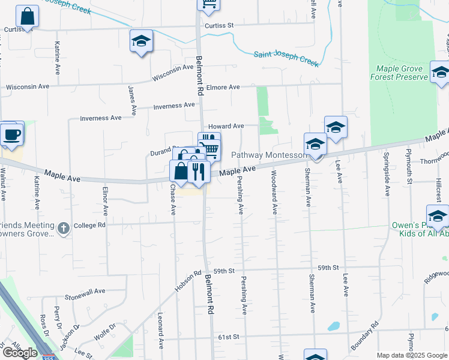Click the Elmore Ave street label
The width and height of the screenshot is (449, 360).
(223, 87)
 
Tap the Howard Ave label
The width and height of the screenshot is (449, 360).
(226, 126)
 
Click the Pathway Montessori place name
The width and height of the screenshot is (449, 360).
(269, 155)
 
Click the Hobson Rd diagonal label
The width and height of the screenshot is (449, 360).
(189, 281)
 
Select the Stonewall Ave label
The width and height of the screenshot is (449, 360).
(85, 290)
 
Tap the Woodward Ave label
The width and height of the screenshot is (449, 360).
(274, 193)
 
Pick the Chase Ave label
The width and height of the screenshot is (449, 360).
(173, 199)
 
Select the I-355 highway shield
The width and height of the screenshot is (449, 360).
(47, 357)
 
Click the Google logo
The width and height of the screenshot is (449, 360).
(19, 353)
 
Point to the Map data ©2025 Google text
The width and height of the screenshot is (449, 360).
(412, 355)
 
